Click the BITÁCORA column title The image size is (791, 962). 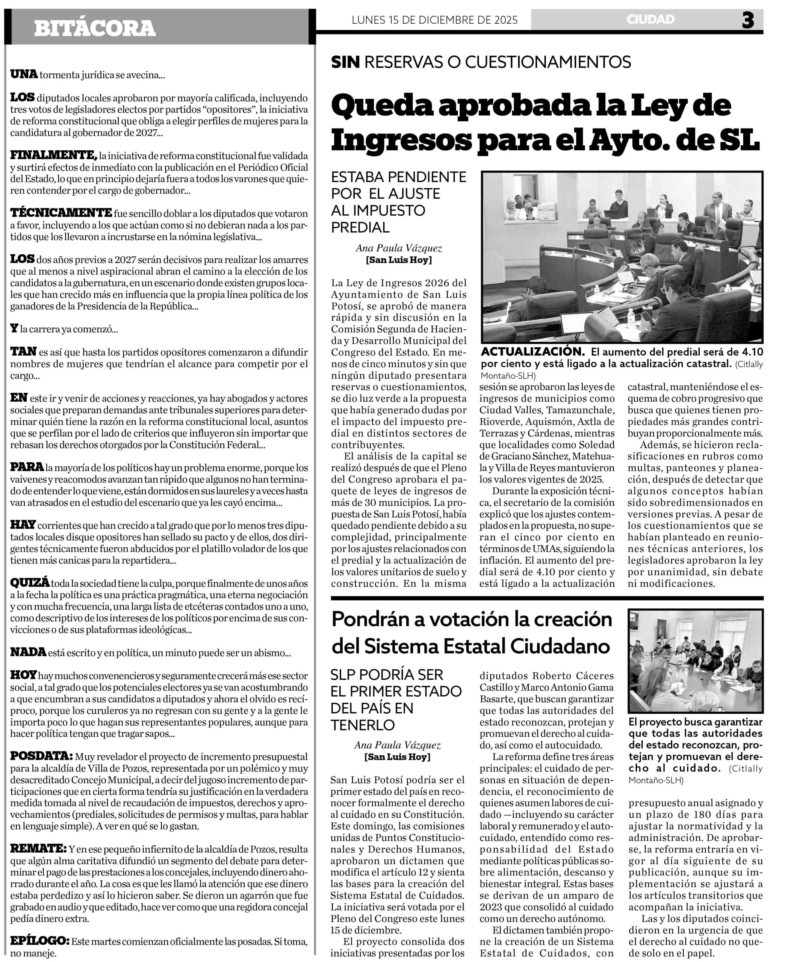pyautogui.click(x=95, y=28)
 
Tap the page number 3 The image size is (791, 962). pyautogui.click(x=748, y=20)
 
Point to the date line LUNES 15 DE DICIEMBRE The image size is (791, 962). pyautogui.click(x=434, y=20)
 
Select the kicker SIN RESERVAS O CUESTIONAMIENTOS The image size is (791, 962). pyautogui.click(x=481, y=62)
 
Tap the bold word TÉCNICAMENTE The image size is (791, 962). pyautogui.click(x=61, y=213)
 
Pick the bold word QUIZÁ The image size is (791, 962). pyautogui.click(x=30, y=583)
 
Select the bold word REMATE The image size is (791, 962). pyautogui.click(x=39, y=849)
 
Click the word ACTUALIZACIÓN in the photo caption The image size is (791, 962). pyautogui.click(x=532, y=352)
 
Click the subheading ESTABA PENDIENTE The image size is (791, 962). pyautogui.click(x=399, y=177)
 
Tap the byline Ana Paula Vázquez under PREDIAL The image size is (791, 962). pyautogui.click(x=399, y=248)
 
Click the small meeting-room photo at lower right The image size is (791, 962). pyautogui.click(x=695, y=660)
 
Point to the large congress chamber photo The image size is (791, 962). pyautogui.click(x=622, y=257)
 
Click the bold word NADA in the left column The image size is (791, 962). pyautogui.click(x=28, y=652)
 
